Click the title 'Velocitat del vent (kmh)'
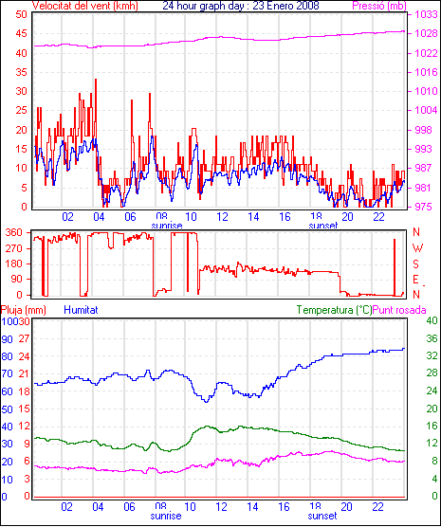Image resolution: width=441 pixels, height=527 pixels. pyautogui.click(x=85, y=6)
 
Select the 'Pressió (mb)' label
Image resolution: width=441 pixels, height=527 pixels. pyautogui.click(x=379, y=6)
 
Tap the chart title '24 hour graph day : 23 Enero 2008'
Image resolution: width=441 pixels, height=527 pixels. pyautogui.click(x=241, y=6)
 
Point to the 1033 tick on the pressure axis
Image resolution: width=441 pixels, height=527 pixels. pyautogui.click(x=426, y=14)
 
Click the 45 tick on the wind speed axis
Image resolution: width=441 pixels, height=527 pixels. pyautogui.click(x=21, y=33)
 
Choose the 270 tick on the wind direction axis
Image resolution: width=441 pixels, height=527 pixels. pyautogui.click(x=14, y=248)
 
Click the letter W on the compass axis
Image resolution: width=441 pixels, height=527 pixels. pyautogui.click(x=417, y=248)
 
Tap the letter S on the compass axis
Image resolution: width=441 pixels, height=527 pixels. pyautogui.click(x=416, y=264)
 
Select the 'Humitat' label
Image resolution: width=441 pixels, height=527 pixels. pyautogui.click(x=81, y=310)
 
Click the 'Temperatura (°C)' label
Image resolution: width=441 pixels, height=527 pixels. pyautogui.click(x=335, y=310)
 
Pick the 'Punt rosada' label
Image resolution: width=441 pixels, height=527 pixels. pyautogui.click(x=399, y=310)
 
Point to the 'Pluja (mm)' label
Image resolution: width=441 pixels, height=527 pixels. pyautogui.click(x=23, y=310)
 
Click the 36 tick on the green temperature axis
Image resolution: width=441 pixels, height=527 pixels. pyautogui.click(x=432, y=338)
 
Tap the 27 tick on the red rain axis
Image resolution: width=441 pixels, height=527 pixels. pyautogui.click(x=25, y=338)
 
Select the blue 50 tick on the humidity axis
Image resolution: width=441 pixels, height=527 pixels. pyautogui.click(x=7, y=409)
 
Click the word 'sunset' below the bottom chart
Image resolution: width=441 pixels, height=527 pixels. pyautogui.click(x=322, y=516)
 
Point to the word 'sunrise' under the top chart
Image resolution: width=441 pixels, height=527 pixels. pyautogui.click(x=167, y=226)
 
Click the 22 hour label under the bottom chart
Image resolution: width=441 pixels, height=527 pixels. pyautogui.click(x=378, y=506)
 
